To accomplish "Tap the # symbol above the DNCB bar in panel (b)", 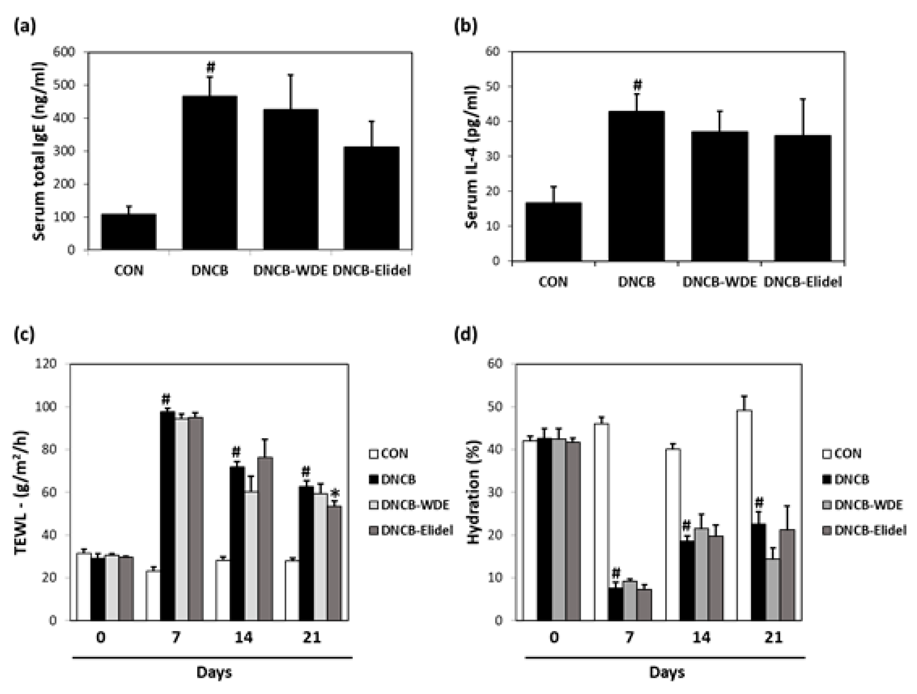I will click(x=637, y=85).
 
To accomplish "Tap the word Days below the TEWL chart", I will click(x=214, y=672).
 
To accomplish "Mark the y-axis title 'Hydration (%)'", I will click(x=473, y=492).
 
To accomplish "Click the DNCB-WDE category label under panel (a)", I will click(x=290, y=271).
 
